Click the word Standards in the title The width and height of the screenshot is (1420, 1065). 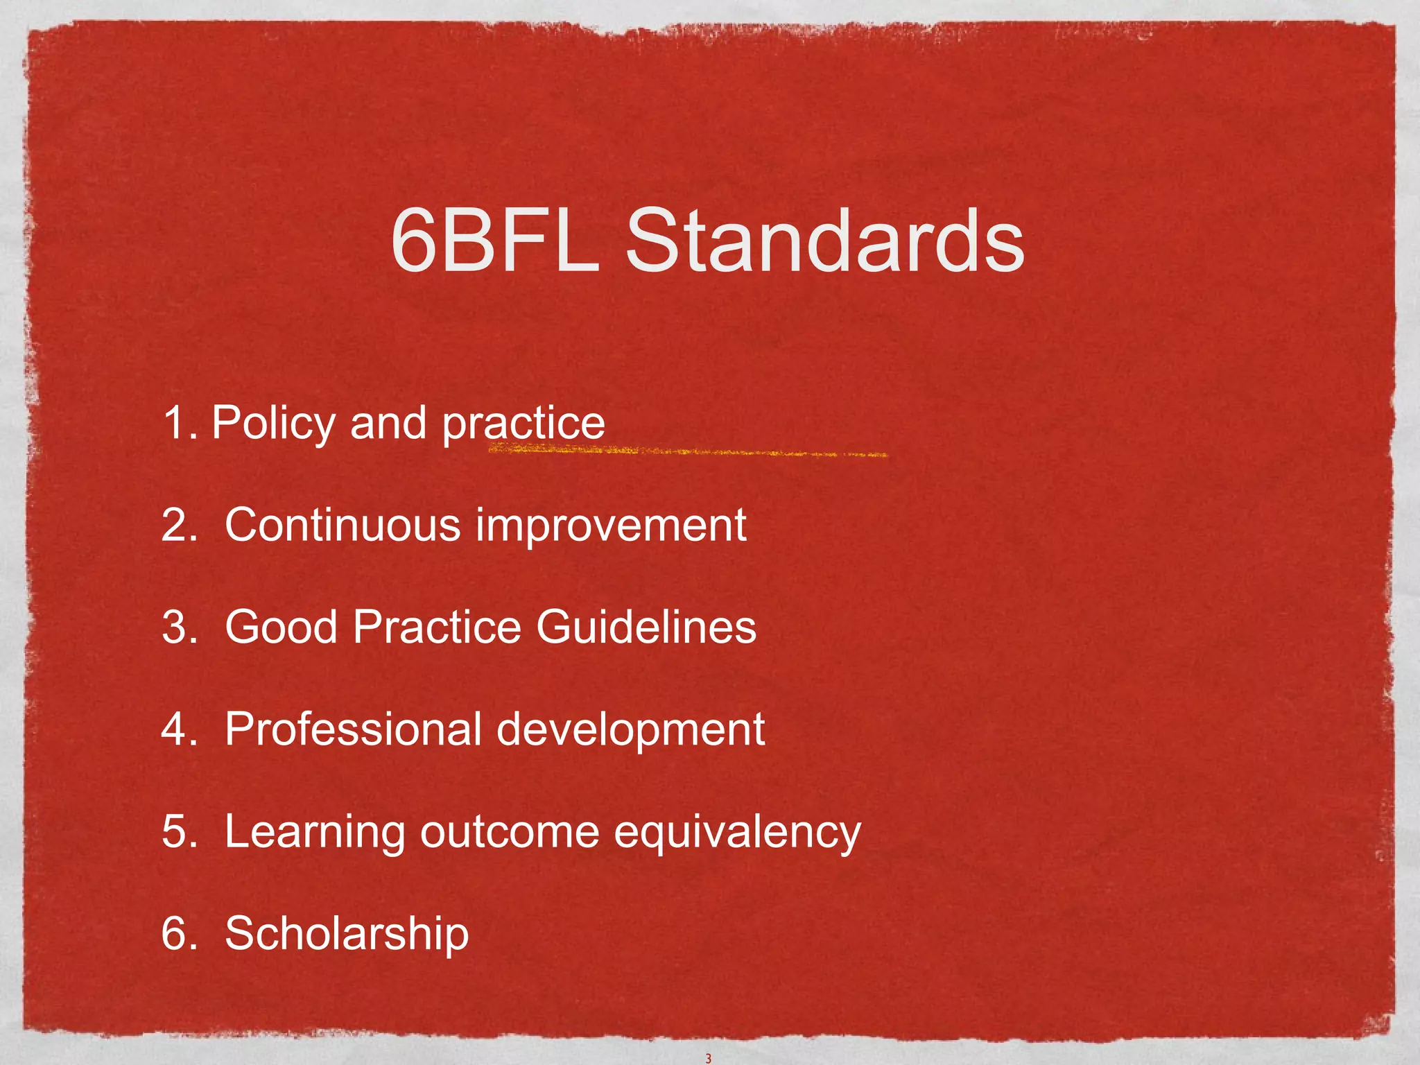[x=824, y=241]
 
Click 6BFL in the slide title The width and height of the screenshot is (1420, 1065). [x=494, y=241]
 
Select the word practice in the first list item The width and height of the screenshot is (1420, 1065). [x=523, y=423]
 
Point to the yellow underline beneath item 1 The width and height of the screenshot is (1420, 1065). [x=686, y=452]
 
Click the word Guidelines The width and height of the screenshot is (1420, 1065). [x=646, y=627]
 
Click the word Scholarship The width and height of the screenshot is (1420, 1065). [x=347, y=934]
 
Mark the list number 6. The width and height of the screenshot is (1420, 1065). [x=175, y=934]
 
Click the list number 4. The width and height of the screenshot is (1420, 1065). [x=175, y=729]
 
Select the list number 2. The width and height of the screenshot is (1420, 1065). [x=175, y=525]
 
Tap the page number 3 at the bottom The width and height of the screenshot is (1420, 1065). [x=708, y=1058]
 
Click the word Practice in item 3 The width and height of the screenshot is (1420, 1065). [x=437, y=627]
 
